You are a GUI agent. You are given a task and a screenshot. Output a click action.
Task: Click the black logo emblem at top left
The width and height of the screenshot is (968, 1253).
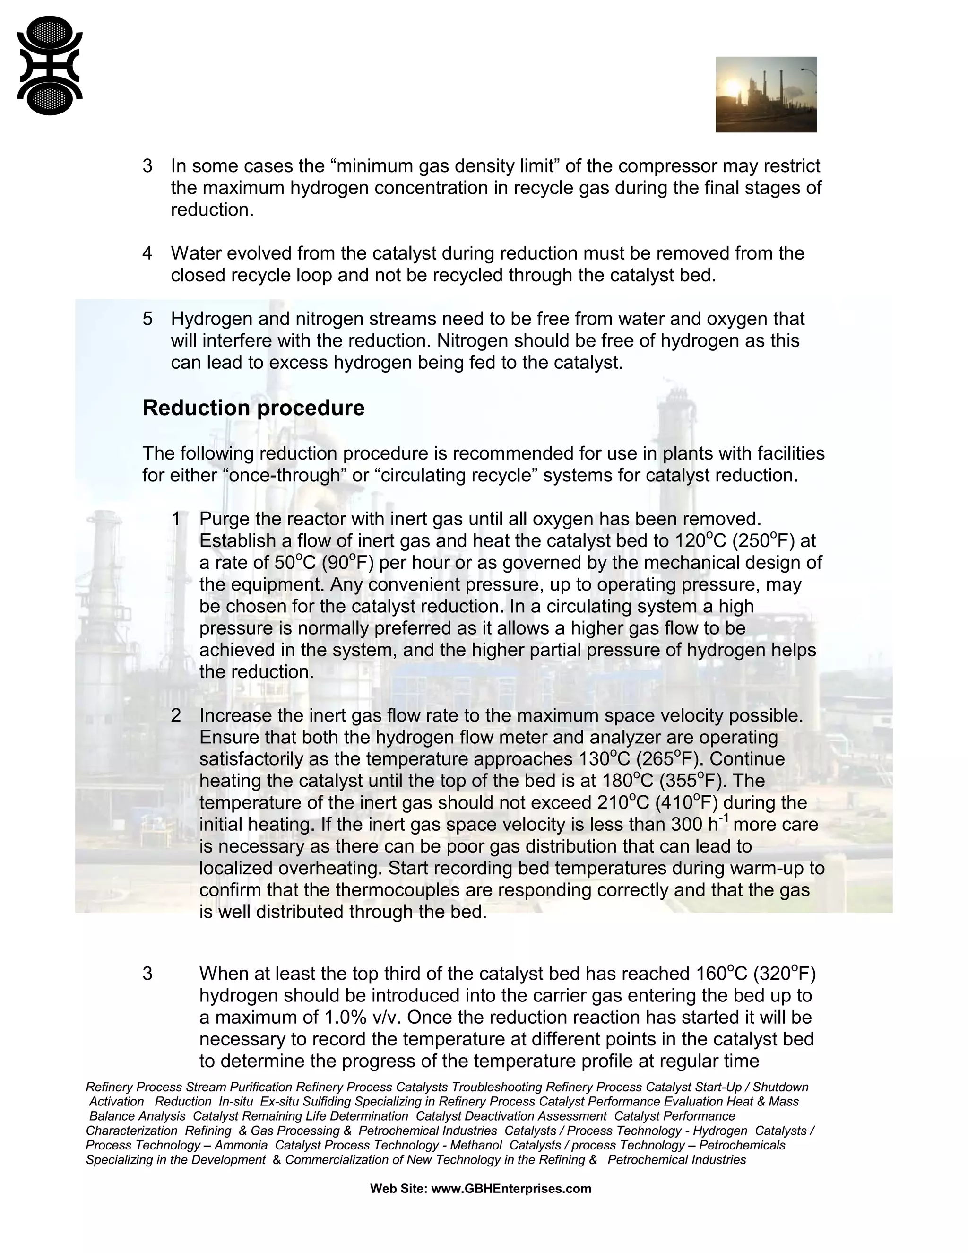[x=50, y=65]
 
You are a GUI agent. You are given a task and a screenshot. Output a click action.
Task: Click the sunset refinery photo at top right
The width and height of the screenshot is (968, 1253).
[x=766, y=94]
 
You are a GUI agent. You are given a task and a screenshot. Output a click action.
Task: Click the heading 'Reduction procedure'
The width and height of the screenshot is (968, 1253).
[x=253, y=408]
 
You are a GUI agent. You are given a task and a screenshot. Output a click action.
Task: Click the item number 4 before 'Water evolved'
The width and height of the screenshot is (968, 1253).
[x=147, y=253]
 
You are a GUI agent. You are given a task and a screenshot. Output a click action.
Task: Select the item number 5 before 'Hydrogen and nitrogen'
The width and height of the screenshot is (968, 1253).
[x=147, y=318]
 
